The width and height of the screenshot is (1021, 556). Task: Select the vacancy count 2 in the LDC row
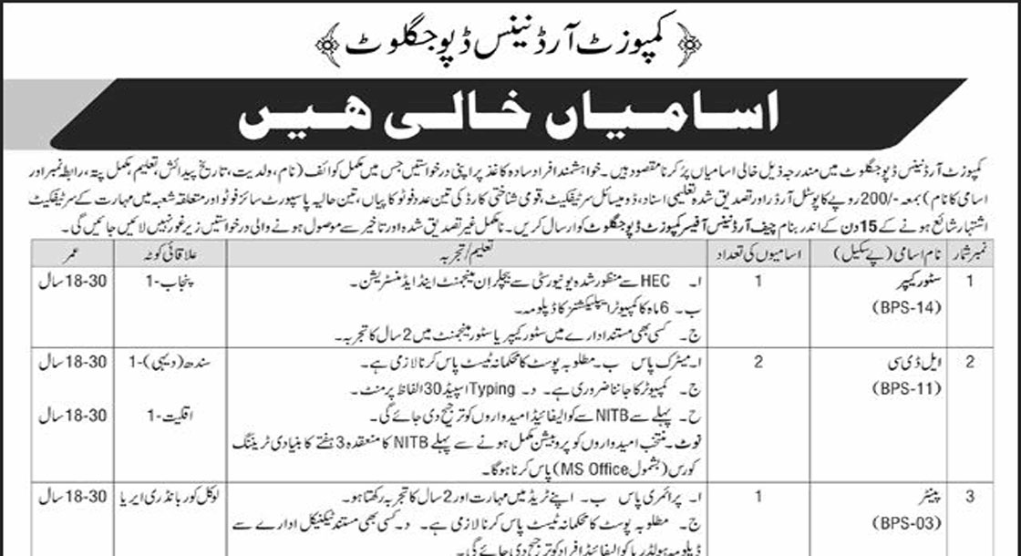[x=758, y=361]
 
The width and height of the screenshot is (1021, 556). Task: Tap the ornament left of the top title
[x=325, y=41]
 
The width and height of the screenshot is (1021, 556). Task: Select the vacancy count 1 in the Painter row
[x=758, y=498]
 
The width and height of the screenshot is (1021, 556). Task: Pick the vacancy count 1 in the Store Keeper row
[x=758, y=283]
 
